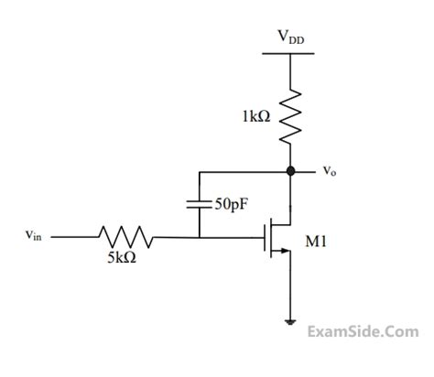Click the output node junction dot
point(290,170)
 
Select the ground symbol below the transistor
point(290,321)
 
